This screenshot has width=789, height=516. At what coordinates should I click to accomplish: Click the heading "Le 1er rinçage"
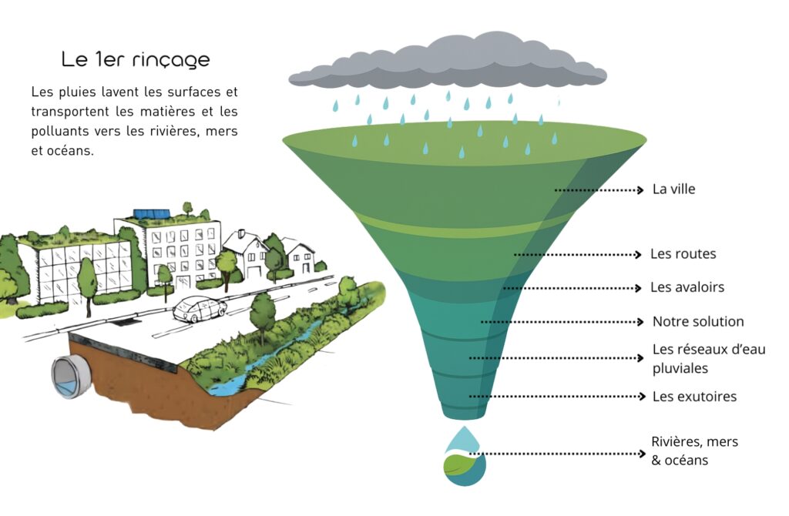(136, 59)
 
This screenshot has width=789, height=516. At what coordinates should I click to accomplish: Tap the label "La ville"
(673, 189)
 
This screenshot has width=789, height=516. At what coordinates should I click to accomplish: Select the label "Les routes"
(683, 253)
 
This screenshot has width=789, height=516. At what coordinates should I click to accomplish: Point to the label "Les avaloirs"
(687, 287)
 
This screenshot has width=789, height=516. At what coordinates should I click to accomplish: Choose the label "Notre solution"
(698, 321)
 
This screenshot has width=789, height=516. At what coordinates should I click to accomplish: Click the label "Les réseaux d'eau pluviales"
(709, 359)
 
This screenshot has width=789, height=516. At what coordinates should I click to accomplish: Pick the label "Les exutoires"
(694, 397)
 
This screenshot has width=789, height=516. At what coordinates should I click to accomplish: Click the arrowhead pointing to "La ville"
(640, 189)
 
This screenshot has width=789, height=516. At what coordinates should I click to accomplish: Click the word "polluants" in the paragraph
(61, 132)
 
